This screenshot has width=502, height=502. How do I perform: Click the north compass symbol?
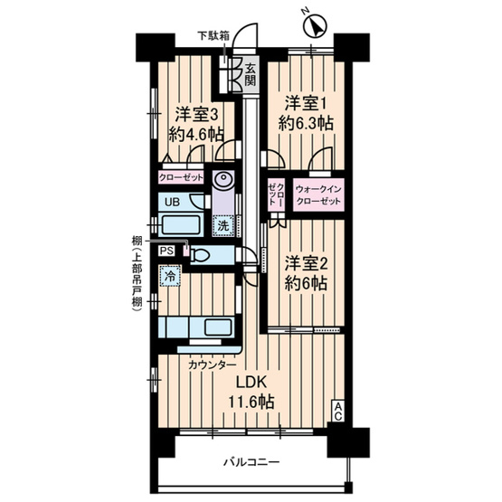[315, 26]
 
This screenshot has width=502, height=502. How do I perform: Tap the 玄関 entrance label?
[251, 74]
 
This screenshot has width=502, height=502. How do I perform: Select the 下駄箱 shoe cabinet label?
[213, 35]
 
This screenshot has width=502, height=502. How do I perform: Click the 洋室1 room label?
[305, 104]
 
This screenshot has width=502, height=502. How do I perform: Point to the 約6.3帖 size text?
[306, 123]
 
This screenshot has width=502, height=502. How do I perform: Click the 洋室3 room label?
[196, 115]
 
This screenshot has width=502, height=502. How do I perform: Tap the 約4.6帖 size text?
[196, 135]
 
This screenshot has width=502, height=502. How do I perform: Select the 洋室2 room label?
[306, 264]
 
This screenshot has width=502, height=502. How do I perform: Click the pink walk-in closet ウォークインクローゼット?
[318, 195]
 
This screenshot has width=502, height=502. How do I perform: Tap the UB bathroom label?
[172, 202]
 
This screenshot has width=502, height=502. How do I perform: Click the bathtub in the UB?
[181, 224]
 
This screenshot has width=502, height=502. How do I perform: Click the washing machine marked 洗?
[223, 226]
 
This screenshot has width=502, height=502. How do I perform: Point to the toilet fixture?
[200, 255]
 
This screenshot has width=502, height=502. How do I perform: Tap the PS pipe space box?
[166, 251]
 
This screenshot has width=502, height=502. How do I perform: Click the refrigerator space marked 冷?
[170, 276]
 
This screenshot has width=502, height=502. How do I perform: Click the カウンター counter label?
[213, 365]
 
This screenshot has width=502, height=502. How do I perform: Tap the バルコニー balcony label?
[251, 462]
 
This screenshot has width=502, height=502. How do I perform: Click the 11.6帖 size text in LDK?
[251, 402]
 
